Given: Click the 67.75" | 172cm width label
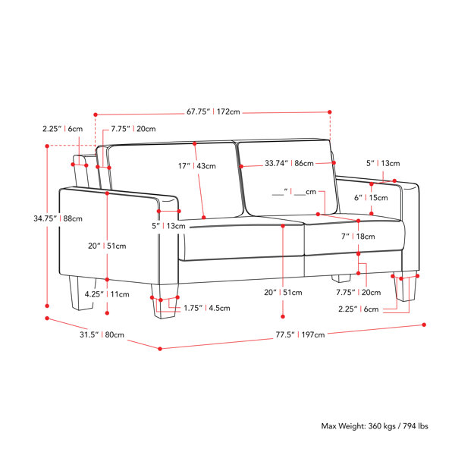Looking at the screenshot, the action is (x=213, y=111).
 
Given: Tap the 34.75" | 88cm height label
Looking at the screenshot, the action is (x=58, y=218).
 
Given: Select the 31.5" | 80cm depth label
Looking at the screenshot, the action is (x=102, y=334).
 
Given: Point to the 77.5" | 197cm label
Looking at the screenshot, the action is (x=300, y=334).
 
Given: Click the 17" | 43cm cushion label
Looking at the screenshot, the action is (x=197, y=166).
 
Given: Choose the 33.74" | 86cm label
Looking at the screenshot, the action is (x=289, y=163).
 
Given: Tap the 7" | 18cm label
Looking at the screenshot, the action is (x=358, y=237).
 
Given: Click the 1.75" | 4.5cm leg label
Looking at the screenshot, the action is (x=207, y=308).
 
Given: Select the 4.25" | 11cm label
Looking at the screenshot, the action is (x=107, y=294).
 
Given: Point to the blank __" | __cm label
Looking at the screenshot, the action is (x=294, y=192).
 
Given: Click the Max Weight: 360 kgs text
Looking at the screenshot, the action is (x=359, y=426).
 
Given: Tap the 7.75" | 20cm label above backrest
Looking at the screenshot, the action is (x=133, y=129).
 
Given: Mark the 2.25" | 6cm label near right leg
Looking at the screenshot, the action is (x=359, y=309).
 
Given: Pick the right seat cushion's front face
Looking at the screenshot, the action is (x=355, y=238).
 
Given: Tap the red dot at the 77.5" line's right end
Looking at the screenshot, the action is (x=424, y=325).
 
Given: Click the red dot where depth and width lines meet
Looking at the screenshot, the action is (x=160, y=349).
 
